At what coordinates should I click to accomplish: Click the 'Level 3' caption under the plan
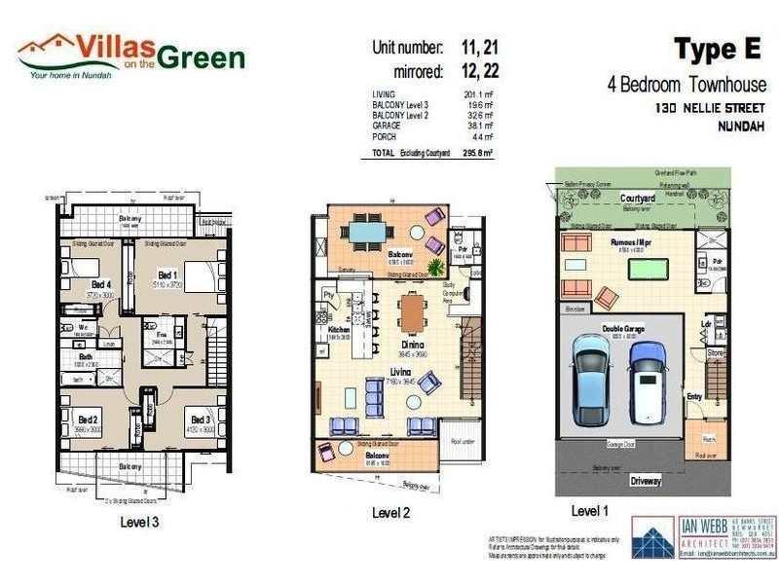pos(139,521)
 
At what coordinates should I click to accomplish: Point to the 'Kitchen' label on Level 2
pos(338,330)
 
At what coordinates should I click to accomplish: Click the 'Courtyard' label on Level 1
pos(637,198)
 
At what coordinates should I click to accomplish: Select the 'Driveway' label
pos(645,481)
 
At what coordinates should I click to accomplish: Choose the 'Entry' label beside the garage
pos(693,396)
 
